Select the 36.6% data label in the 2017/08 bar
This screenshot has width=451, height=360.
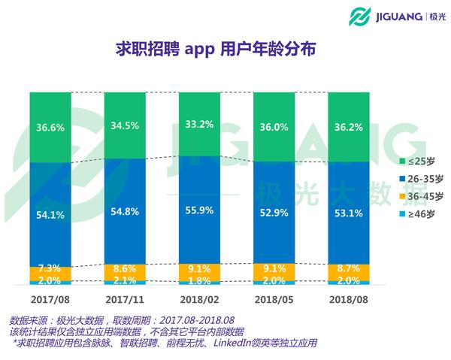50,127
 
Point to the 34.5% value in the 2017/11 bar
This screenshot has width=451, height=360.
125,125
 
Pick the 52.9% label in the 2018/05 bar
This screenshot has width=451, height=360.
274,213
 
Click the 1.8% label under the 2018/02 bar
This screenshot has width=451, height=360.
199,281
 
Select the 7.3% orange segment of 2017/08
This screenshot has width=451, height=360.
50,268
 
